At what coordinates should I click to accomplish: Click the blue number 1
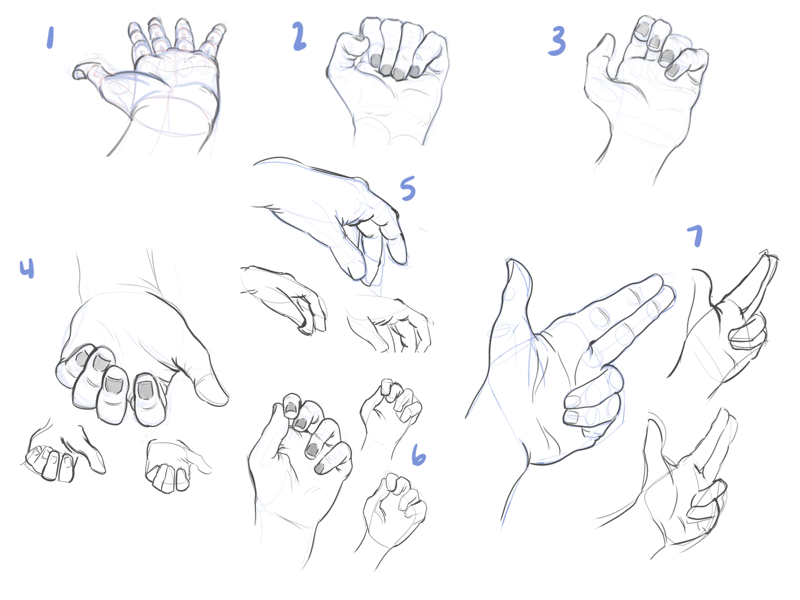[x=50, y=38]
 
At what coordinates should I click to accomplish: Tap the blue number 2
[x=299, y=36]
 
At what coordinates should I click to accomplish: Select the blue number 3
[x=556, y=41]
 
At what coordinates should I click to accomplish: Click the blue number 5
[x=408, y=188]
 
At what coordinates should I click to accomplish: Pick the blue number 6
[x=419, y=454]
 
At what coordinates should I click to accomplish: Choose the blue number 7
[x=695, y=236]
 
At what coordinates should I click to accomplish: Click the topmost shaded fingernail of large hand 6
[x=291, y=410]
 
